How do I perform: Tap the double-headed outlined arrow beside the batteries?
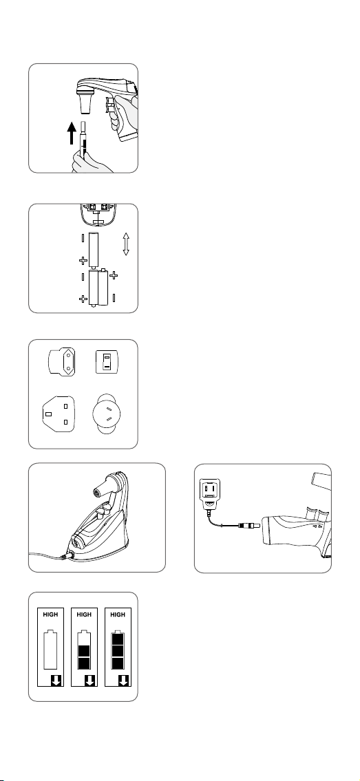[125, 244]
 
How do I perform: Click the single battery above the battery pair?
[94, 250]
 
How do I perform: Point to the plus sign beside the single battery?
[83, 261]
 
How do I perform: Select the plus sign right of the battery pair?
[114, 275]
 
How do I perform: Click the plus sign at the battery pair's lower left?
[83, 299]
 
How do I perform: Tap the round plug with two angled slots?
[107, 414]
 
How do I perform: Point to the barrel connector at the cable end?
[250, 525]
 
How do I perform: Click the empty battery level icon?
[50, 650]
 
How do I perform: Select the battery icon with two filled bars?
[84, 650]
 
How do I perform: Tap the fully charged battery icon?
[118, 650]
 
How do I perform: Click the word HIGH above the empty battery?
[50, 614]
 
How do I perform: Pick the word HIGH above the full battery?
[118, 614]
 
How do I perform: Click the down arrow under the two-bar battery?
[90, 681]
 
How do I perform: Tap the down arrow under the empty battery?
[56, 681]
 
